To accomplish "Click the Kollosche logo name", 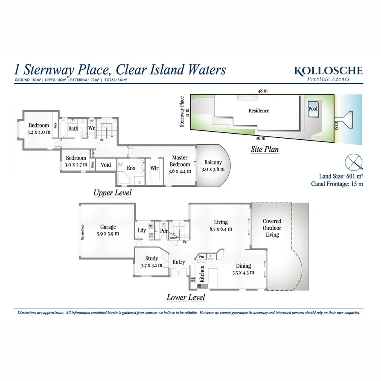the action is pyautogui.click(x=328, y=70).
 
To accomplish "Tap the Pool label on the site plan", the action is pyautogui.click(x=313, y=109).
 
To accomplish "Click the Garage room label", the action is pyautogui.click(x=108, y=227).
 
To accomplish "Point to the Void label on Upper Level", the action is pyautogui.click(x=106, y=165).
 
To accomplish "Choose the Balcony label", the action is pyautogui.click(x=213, y=162).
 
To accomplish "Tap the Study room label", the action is pyautogui.click(x=152, y=258).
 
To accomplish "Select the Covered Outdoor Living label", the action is pyautogui.click(x=272, y=228).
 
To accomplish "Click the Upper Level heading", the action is pyautogui.click(x=112, y=193).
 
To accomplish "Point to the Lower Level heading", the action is pyautogui.click(x=186, y=297).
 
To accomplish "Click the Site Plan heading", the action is pyautogui.click(x=264, y=149).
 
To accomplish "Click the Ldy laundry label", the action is pyautogui.click(x=141, y=231).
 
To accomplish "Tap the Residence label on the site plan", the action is pyautogui.click(x=259, y=111).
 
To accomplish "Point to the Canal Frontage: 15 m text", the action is pyautogui.click(x=337, y=184).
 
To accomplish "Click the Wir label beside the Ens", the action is pyautogui.click(x=155, y=168).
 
